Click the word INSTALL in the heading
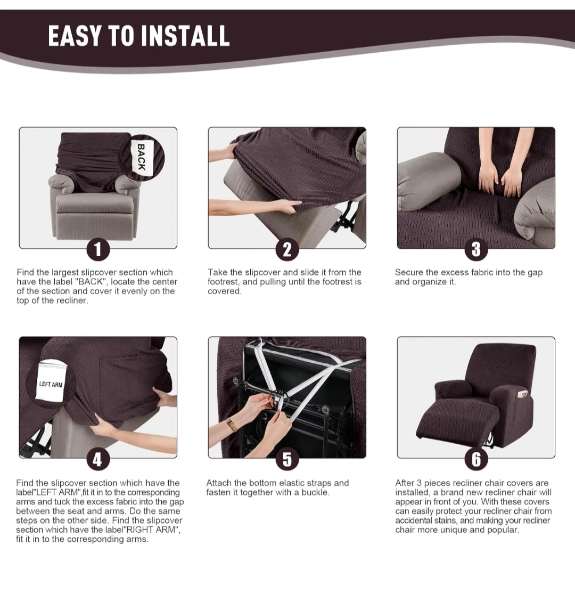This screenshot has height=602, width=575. point(185,36)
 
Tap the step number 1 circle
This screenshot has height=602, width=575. point(98,249)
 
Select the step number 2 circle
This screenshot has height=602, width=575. point(287,249)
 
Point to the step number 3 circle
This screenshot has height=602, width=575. point(476,249)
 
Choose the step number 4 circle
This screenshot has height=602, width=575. point(98,459)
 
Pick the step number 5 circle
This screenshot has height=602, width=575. point(287,459)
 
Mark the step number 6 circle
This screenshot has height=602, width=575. point(476,459)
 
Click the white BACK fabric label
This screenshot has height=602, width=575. point(142,157)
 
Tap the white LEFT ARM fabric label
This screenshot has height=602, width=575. point(52,383)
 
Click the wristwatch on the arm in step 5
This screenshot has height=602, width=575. point(232,424)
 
